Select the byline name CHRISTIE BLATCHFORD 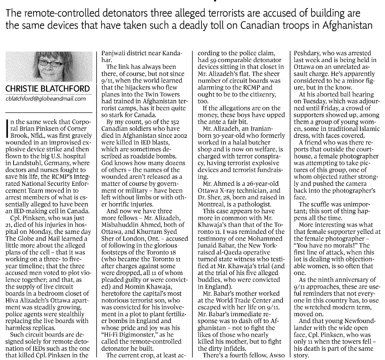[48, 89]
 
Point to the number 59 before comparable [209, 60]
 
